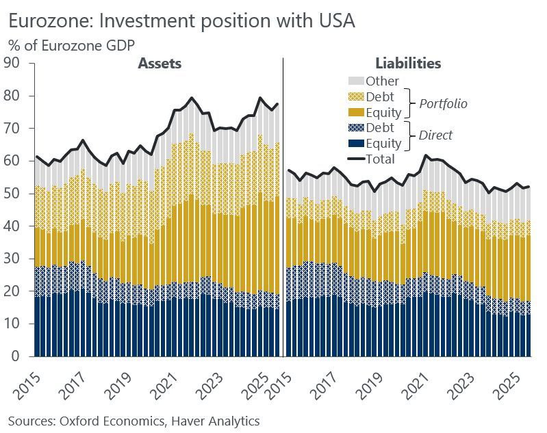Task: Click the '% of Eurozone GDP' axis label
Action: tap(71, 45)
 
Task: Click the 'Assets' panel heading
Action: tap(160, 64)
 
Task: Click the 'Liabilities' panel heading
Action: tap(408, 64)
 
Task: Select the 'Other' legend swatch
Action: tap(356, 81)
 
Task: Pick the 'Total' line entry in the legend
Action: tap(356, 159)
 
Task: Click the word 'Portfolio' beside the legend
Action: tap(444, 104)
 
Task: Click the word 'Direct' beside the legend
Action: tap(436, 135)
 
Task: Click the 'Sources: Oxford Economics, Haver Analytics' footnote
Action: tap(134, 421)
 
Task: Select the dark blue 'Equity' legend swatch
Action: tap(356, 144)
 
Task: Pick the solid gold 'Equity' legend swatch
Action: tap(356, 112)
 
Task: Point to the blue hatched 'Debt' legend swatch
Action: tap(356, 128)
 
